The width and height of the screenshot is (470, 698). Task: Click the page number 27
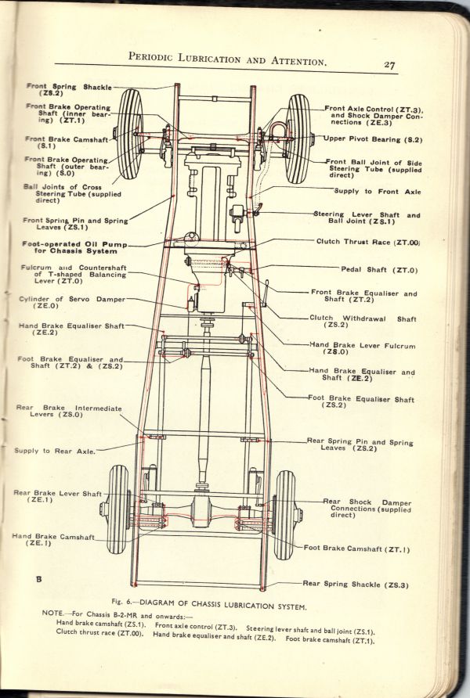click(x=389, y=65)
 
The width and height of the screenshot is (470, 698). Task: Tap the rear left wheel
click(x=118, y=509)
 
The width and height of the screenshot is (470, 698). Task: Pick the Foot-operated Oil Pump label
click(x=70, y=247)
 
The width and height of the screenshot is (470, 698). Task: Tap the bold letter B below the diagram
click(x=38, y=579)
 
